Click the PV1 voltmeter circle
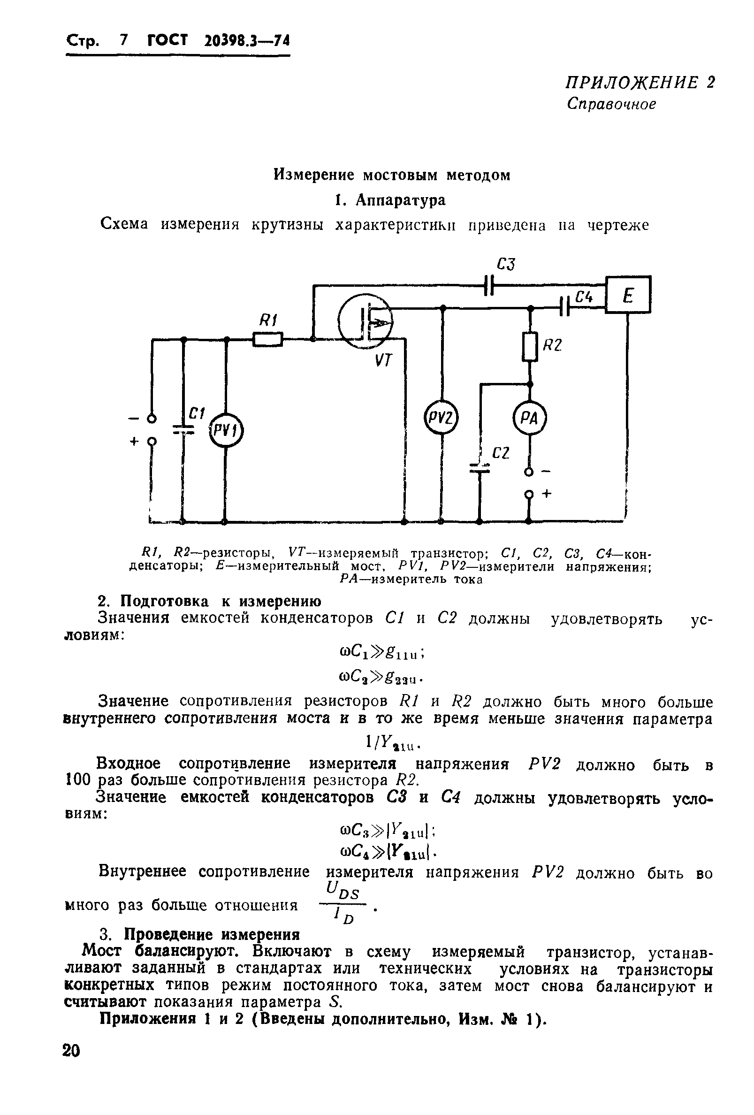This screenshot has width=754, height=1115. tap(226, 430)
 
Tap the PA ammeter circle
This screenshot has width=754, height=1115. tap(530, 419)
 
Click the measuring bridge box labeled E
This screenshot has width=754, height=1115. tap(628, 294)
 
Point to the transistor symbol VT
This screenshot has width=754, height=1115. tap(365, 320)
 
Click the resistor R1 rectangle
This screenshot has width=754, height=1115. tap(267, 339)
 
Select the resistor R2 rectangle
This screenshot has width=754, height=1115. tap(530, 347)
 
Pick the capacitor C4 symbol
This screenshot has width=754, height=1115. tap(564, 305)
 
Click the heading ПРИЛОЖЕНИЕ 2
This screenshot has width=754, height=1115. tap(640, 83)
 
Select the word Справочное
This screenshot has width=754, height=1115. tap(611, 104)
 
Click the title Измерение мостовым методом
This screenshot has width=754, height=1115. tap(391, 175)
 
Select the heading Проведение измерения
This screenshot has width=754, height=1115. tap(212, 935)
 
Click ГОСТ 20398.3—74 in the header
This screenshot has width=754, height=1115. tap(219, 41)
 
